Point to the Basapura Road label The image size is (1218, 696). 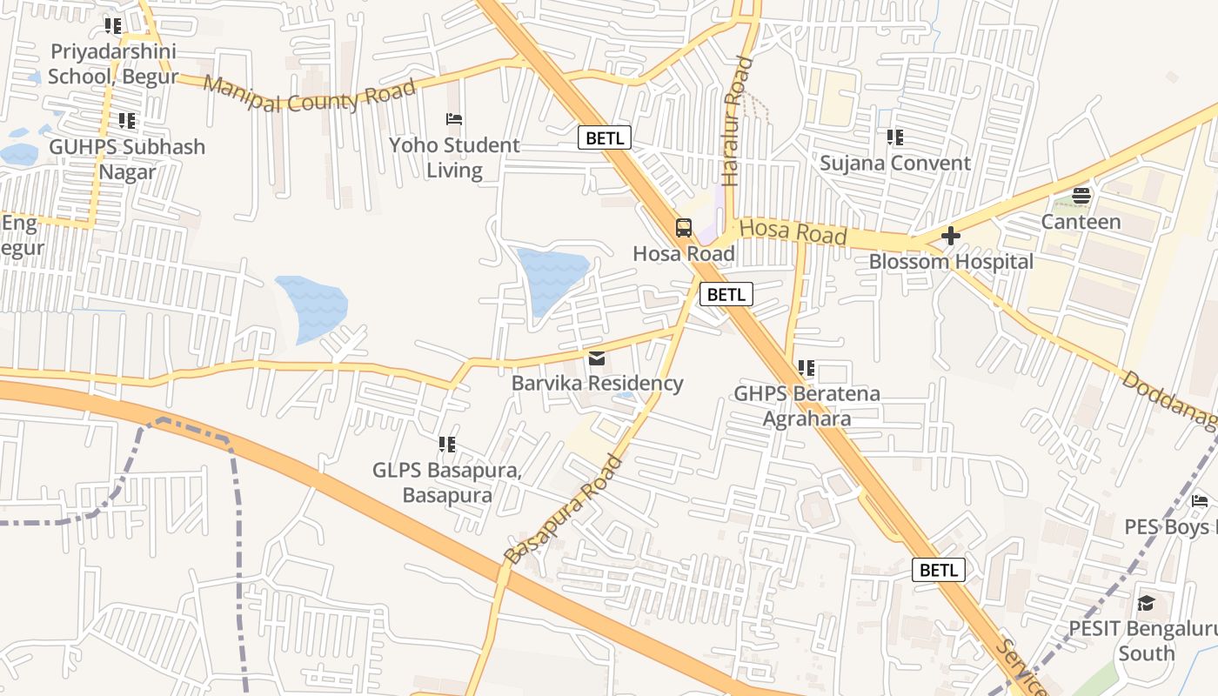tap(564, 508)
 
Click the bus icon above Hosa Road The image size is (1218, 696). tap(684, 228)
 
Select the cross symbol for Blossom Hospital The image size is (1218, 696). tap(950, 235)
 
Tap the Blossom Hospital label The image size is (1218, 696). tap(951, 262)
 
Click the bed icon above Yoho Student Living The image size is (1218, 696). tap(453, 119)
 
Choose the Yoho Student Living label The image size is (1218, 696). tap(454, 157)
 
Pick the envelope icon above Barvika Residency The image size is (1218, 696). tap(597, 358)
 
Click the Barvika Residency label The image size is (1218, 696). tap(597, 384)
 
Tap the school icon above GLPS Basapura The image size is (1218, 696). tap(447, 445)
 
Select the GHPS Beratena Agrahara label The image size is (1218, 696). tap(806, 406)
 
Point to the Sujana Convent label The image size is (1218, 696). tap(895, 164)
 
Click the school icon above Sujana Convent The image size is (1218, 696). tap(894, 137)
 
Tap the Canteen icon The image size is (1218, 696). tap(1081, 196)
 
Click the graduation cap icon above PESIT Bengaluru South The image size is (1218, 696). tap(1146, 603)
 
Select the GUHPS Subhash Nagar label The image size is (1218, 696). tap(127, 159)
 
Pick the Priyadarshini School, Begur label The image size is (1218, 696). tap(112, 64)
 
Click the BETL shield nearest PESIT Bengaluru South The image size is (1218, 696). tap(938, 570)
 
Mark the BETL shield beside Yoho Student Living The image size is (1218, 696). tap(604, 137)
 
